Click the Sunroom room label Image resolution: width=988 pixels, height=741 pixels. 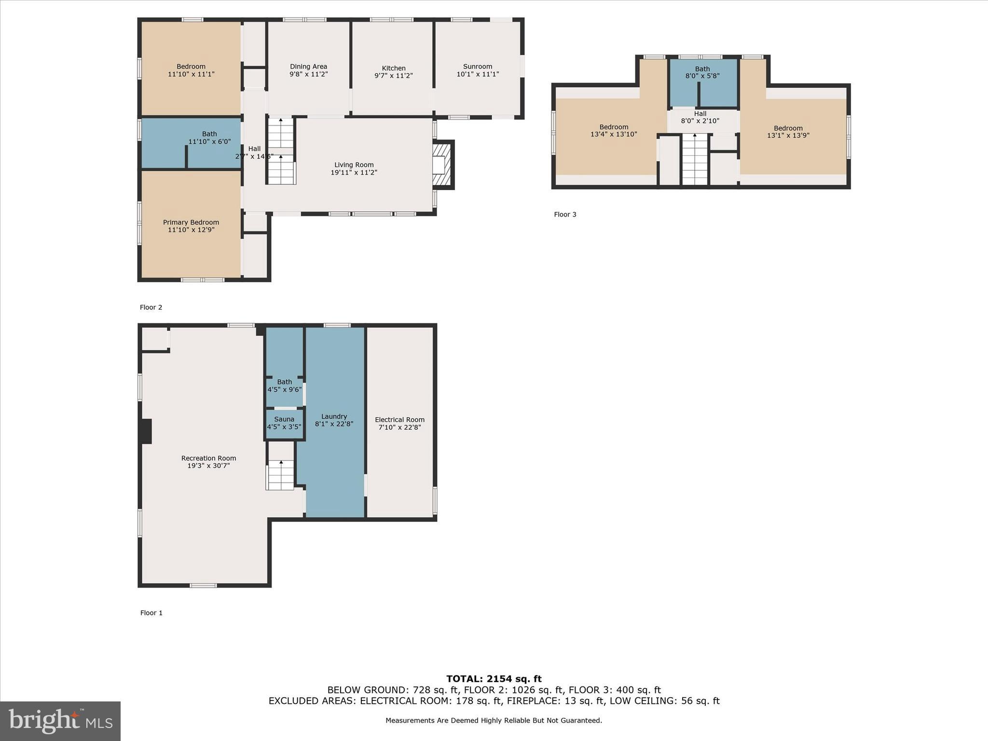[x=478, y=67]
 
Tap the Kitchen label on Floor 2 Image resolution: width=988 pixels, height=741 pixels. [x=394, y=68]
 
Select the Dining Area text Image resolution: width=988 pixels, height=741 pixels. [x=308, y=67]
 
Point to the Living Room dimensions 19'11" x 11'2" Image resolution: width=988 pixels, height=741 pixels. [x=354, y=172]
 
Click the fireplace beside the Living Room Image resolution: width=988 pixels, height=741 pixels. [x=442, y=165]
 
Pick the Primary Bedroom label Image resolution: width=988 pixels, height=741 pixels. [x=191, y=222]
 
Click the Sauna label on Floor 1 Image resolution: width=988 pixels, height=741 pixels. [x=284, y=419]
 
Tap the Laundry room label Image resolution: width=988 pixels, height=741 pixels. [x=334, y=416]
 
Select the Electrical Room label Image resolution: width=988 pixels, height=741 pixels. [x=399, y=420]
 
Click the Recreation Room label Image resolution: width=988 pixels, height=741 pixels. [x=208, y=458]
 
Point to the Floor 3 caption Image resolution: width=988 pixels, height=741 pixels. [x=565, y=214]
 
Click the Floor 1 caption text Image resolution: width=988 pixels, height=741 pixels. [x=151, y=613]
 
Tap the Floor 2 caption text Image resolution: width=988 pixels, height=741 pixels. [x=151, y=307]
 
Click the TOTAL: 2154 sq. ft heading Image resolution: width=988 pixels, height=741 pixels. [x=494, y=679]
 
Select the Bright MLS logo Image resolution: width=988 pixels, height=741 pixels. [x=60, y=721]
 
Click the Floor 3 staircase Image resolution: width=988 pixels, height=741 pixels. [x=694, y=159]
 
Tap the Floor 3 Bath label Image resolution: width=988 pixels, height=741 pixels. [x=702, y=69]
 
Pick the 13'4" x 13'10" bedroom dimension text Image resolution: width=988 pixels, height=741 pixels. [x=614, y=134]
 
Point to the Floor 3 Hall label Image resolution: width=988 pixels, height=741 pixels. [x=700, y=114]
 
